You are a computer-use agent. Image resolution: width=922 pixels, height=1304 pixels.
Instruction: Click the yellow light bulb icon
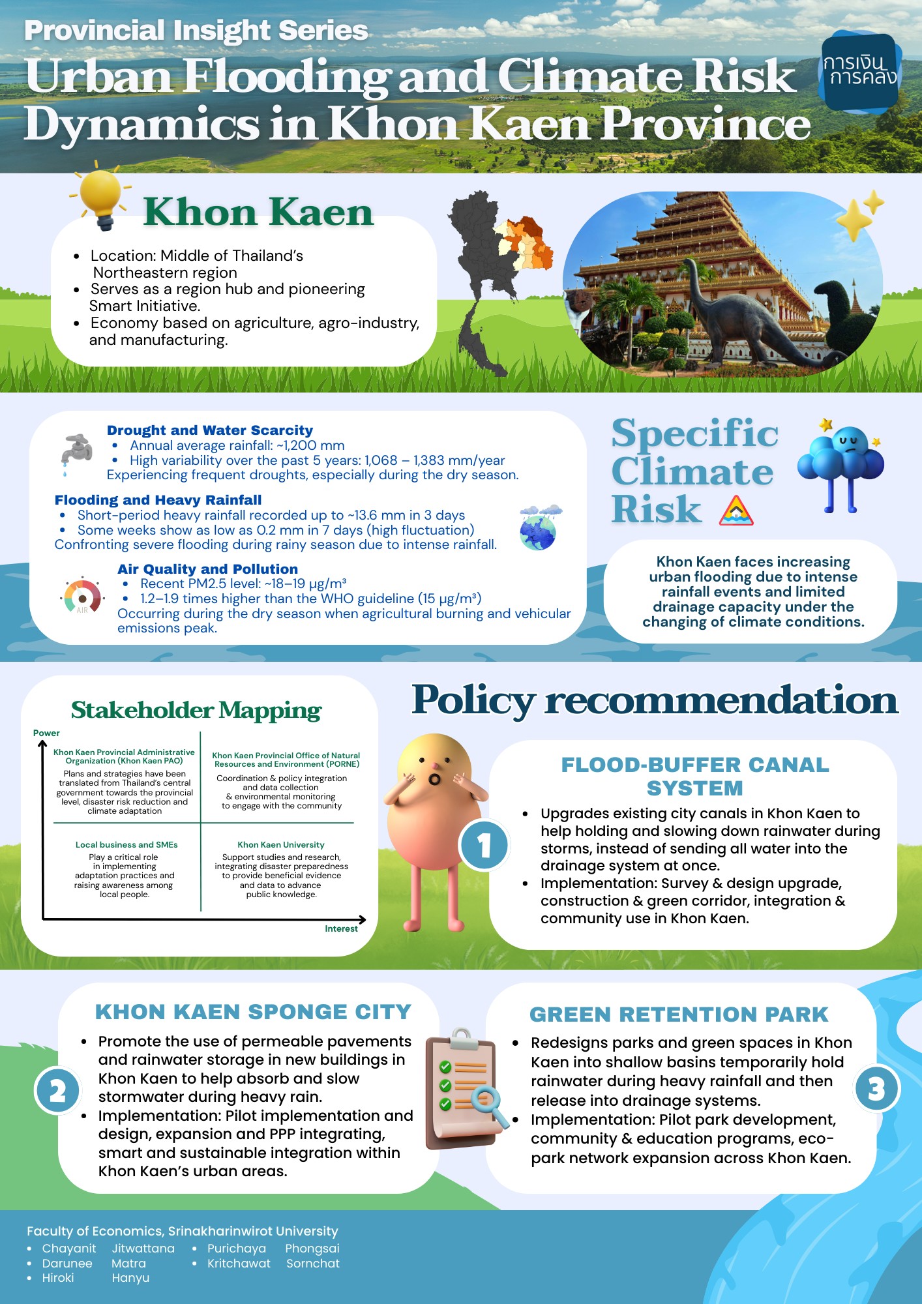tap(101, 196)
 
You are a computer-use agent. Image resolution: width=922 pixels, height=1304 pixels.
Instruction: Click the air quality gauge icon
tap(82, 596)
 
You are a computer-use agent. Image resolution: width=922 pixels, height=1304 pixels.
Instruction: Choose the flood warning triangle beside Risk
tap(736, 511)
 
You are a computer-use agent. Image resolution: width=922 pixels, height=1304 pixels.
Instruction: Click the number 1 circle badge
tap(484, 846)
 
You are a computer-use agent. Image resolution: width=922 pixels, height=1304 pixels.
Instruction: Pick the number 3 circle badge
tap(876, 1088)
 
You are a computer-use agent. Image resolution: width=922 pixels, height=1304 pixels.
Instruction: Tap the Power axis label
tap(46, 733)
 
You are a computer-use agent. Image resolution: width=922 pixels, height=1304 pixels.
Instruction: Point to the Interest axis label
tap(341, 928)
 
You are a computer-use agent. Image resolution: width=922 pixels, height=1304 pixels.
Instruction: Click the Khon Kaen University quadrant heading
tap(281, 844)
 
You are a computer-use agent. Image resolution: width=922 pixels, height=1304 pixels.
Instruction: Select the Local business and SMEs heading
tap(126, 844)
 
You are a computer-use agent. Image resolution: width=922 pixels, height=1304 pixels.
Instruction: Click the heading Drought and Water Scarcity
tap(210, 430)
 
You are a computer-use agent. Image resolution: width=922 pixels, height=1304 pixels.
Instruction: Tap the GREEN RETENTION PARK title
tap(679, 1015)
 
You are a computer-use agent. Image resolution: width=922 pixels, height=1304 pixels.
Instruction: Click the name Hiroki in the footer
tap(58, 1277)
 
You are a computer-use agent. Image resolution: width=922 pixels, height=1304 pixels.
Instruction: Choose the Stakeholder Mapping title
tap(196, 710)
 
